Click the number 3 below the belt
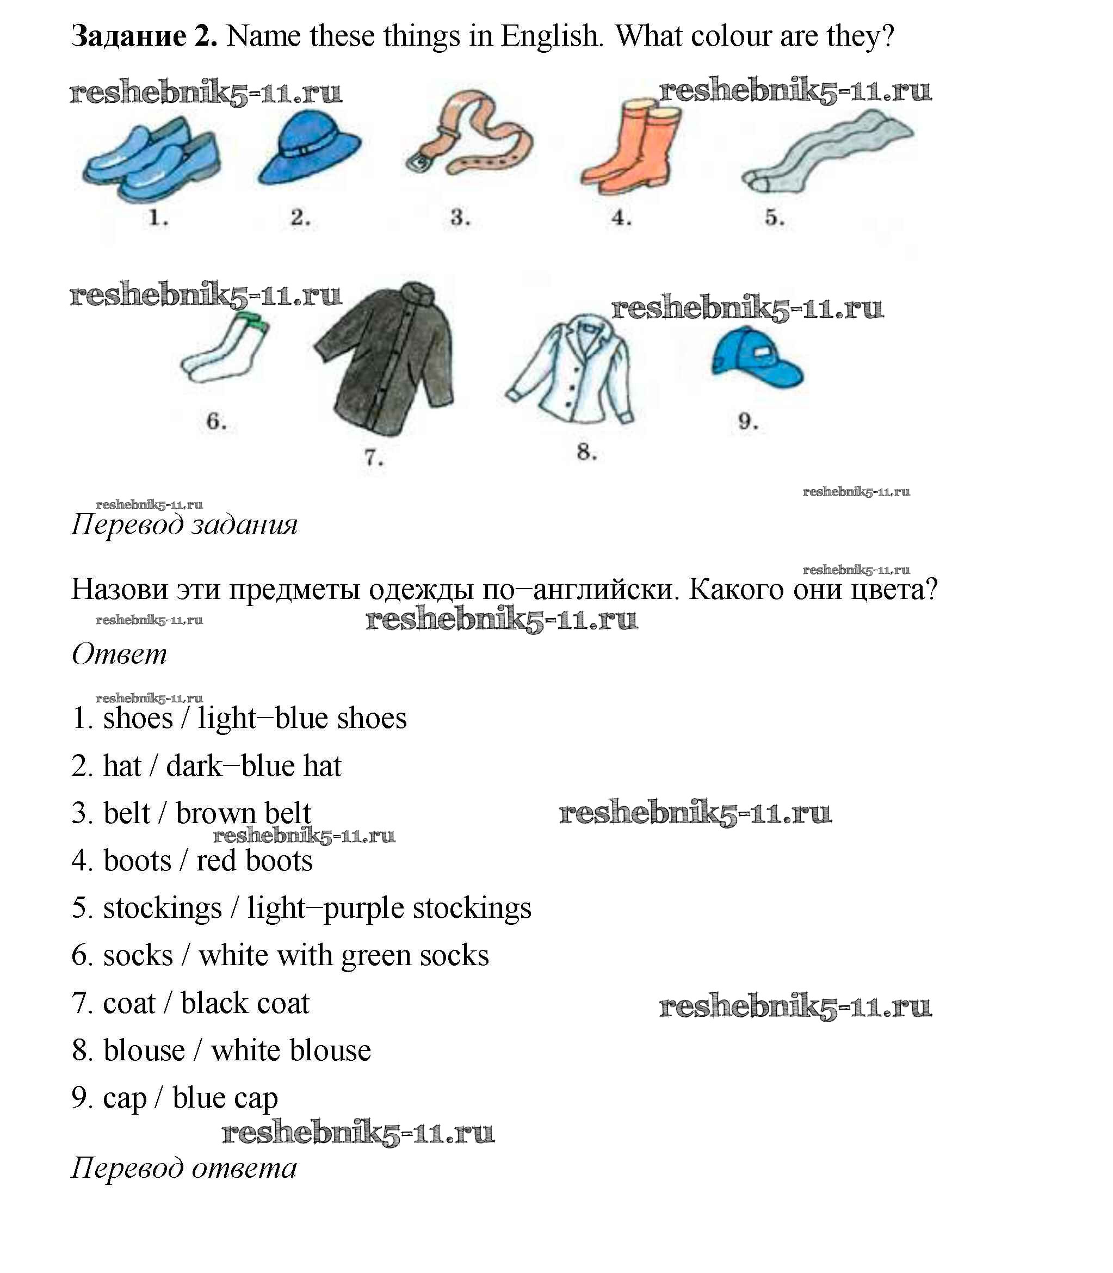pos(460,218)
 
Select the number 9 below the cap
pos(748,422)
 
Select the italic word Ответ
pos(119,654)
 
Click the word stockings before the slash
pos(162,909)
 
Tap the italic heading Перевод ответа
pos(184,1168)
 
